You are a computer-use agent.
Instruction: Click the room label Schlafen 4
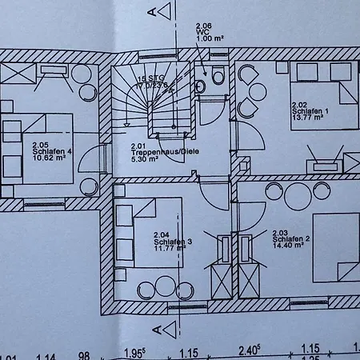[52, 151]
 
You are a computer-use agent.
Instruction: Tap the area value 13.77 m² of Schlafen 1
[307, 118]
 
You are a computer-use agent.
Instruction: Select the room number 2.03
[280, 233]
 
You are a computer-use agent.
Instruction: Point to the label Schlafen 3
[173, 242]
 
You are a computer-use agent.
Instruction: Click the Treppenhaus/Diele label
[165, 152]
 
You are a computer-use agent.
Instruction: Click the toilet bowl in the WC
[218, 75]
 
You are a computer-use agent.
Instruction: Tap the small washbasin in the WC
[200, 86]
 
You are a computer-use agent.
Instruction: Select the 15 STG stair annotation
[151, 78]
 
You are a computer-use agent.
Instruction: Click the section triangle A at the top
[165, 11]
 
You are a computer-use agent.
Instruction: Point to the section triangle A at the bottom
[170, 330]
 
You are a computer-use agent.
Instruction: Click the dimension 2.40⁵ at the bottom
[249, 350]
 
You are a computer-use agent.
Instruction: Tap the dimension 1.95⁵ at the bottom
[134, 353]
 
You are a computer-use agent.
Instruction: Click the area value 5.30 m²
[144, 159]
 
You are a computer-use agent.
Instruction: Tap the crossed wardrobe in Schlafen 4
[18, 74]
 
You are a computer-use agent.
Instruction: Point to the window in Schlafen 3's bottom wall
[187, 307]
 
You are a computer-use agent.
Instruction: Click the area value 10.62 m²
[49, 158]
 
